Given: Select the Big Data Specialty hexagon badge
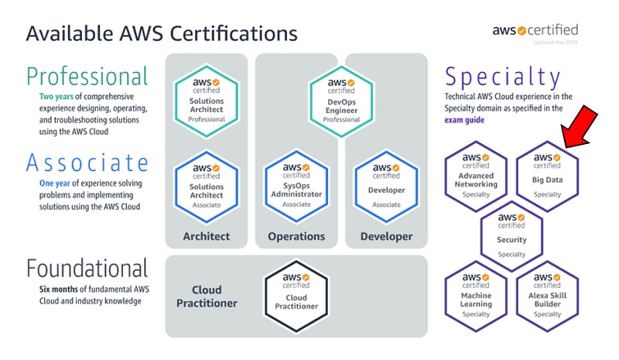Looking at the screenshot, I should (x=547, y=175).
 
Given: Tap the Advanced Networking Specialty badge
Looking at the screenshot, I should (x=476, y=175).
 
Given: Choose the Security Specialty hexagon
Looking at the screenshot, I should (x=511, y=235).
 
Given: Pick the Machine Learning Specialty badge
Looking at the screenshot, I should (x=476, y=295).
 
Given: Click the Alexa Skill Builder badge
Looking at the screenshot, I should (x=547, y=295).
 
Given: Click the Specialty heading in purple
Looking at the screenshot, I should (x=503, y=77).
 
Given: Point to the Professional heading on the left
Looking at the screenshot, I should (x=87, y=77).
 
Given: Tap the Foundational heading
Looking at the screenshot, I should (x=87, y=269).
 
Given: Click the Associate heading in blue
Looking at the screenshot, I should (x=87, y=163).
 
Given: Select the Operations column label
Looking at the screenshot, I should (x=297, y=236).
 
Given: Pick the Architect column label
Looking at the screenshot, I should (x=206, y=236).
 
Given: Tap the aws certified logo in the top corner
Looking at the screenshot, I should (x=535, y=31).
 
